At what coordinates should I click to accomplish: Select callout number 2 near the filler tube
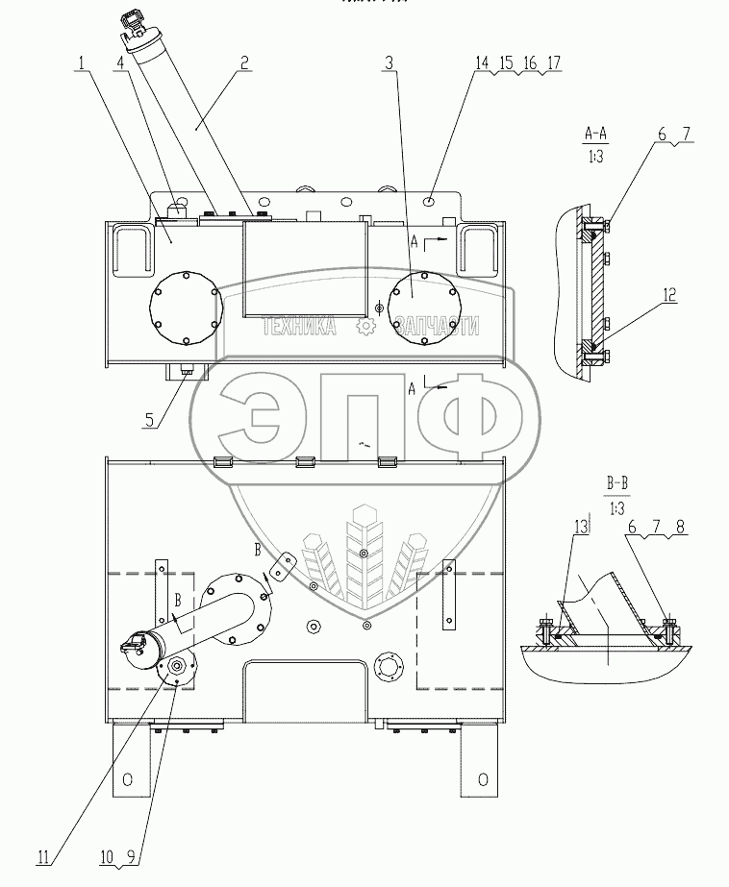(x=246, y=63)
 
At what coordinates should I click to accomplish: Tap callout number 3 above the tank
(x=388, y=63)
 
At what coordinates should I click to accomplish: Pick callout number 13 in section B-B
(x=579, y=526)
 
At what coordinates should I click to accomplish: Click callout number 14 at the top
(x=481, y=63)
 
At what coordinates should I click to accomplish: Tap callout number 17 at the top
(x=553, y=63)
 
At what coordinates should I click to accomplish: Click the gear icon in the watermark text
(x=364, y=327)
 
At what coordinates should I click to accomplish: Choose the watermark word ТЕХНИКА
(x=299, y=327)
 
